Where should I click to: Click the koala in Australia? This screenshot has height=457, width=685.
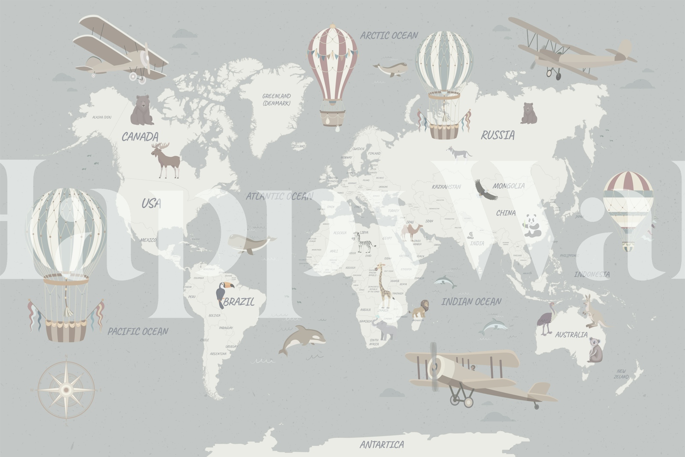click(x=595, y=349)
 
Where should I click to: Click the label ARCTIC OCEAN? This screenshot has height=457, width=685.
click(x=389, y=36)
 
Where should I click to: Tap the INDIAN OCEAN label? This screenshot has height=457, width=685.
click(x=471, y=302)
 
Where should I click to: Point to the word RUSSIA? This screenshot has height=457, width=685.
click(x=497, y=135)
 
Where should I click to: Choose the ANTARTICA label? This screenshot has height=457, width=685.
click(x=381, y=444)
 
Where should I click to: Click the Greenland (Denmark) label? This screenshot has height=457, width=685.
click(x=277, y=99)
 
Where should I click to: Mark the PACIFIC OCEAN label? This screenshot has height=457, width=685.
click(x=138, y=331)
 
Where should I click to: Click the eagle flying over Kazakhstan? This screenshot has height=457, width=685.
click(x=485, y=190)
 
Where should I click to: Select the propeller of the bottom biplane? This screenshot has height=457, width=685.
click(x=434, y=366)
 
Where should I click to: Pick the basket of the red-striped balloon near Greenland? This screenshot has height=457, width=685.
click(x=332, y=117)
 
